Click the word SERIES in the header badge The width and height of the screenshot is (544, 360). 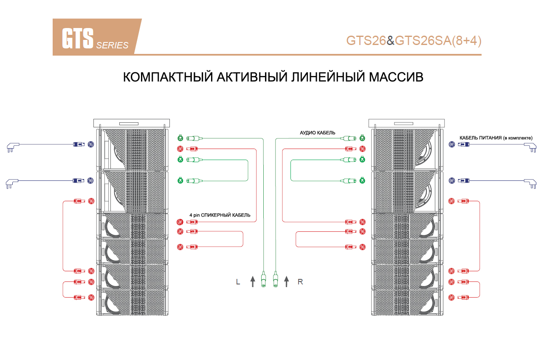point(112,45)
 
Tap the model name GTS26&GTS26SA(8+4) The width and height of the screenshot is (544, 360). point(414,40)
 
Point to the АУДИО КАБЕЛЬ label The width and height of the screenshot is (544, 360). point(318,133)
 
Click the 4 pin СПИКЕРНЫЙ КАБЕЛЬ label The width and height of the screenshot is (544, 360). point(220,215)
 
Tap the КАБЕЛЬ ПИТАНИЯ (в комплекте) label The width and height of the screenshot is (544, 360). point(496,138)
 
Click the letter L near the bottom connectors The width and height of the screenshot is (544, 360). point(238,281)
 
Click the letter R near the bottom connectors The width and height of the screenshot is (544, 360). point(300,281)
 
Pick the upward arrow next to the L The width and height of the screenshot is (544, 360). point(253,281)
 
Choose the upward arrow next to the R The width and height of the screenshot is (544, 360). point(287,281)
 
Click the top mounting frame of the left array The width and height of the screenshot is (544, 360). point(131,123)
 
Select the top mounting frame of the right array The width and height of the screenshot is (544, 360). point(406,123)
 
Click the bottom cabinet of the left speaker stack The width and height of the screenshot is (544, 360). point(133,303)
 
